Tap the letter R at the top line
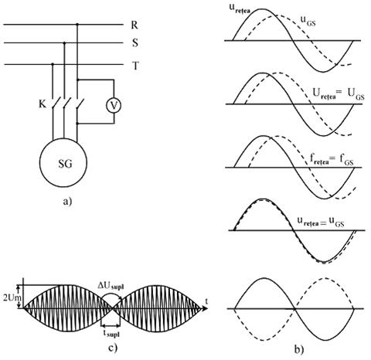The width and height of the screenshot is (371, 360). point(134,25)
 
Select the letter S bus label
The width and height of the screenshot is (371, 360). point(135,42)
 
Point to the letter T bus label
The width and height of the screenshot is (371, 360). point(135,66)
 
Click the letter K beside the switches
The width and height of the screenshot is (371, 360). point(43,104)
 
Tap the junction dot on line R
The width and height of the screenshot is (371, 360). point(77,25)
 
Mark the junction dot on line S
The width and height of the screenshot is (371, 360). point(64,43)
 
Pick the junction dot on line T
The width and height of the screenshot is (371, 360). point(53,64)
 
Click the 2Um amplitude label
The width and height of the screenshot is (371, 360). point(9,297)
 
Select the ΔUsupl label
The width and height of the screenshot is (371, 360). point(111,286)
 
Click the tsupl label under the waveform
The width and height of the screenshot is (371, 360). point(111,334)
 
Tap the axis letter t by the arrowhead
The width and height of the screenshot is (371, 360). point(206,301)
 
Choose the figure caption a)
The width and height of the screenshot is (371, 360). point(67,201)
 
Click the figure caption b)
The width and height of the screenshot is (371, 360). point(299,349)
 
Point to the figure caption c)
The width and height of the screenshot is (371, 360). point(113,348)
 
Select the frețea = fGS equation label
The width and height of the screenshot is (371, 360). point(332,160)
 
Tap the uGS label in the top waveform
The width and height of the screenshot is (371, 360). point(308,21)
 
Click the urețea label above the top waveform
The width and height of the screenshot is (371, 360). point(240,8)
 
